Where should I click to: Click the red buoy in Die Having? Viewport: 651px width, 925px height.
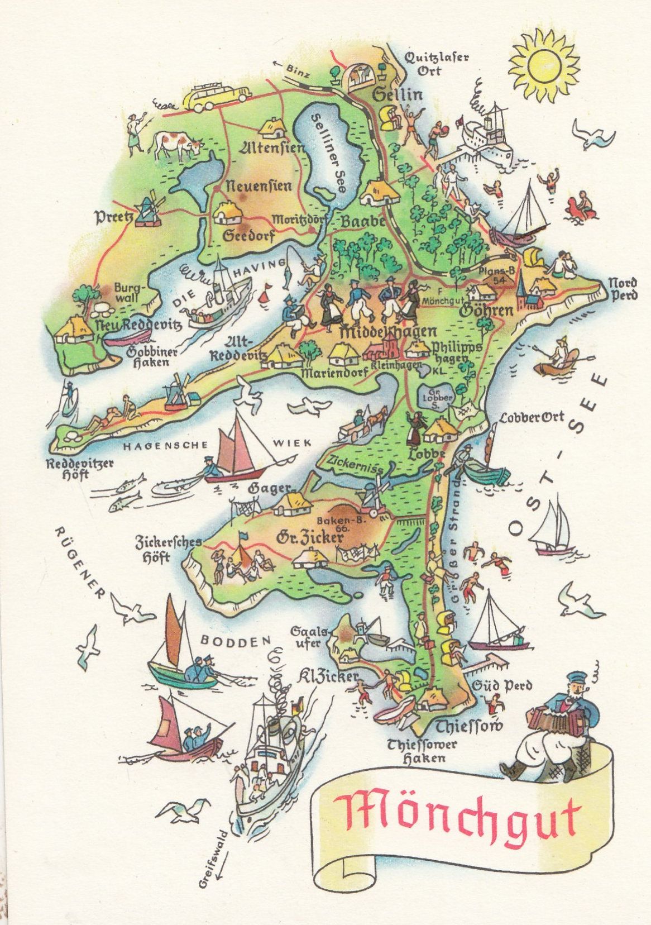coord(265,293)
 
